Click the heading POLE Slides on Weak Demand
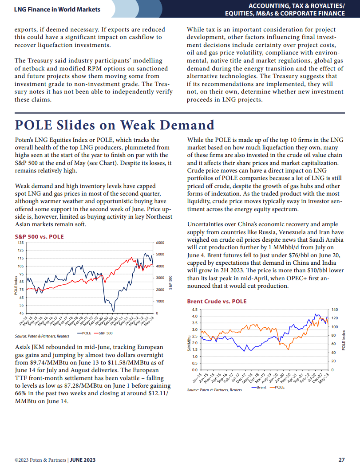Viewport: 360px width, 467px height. pyautogui.click(x=115, y=125)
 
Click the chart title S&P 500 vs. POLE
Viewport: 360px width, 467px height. pyautogui.click(x=40, y=237)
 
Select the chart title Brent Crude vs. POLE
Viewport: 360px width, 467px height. pyautogui.click(x=217, y=302)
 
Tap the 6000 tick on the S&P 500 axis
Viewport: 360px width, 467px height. pyautogui.click(x=160, y=243)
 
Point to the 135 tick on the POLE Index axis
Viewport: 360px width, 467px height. pyautogui.click(x=20, y=243)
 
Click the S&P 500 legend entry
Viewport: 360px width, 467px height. pyautogui.click(x=103, y=333)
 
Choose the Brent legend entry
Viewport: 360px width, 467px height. pyautogui.click(x=259, y=387)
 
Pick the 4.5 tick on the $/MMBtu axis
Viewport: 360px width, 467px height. pyautogui.click(x=194, y=310)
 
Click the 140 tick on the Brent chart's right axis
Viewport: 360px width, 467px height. pyautogui.click(x=335, y=310)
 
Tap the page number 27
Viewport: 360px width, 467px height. pyautogui.click(x=341, y=459)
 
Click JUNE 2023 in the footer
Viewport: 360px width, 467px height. pyautogui.click(x=83, y=460)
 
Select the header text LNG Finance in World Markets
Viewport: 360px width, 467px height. pyautogui.click(x=57, y=9)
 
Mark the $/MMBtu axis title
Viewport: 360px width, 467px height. pyautogui.click(x=189, y=343)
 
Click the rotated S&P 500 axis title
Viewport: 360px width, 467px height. pyautogui.click(x=170, y=283)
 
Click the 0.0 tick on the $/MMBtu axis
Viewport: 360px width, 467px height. pyautogui.click(x=194, y=370)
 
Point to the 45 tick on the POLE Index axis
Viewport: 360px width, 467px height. pyautogui.click(x=21, y=313)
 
